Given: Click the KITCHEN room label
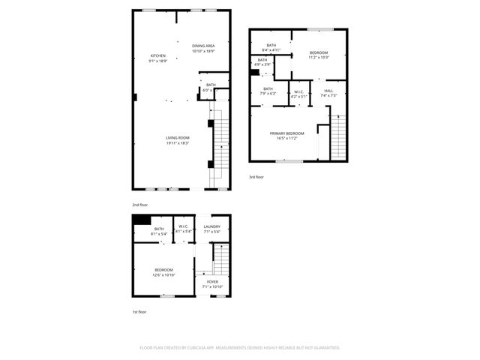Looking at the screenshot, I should click(x=157, y=55).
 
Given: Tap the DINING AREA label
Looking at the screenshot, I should click(x=203, y=45).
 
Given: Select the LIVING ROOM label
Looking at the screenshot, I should click(x=178, y=137).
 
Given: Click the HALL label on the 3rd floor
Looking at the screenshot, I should click(x=328, y=91).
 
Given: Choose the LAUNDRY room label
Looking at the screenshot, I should click(x=211, y=226).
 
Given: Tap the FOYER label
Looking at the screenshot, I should click(x=213, y=281).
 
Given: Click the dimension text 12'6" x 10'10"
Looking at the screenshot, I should click(x=164, y=275).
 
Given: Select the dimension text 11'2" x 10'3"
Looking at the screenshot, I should click(x=319, y=58).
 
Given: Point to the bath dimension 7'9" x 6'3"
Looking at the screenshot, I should click(x=268, y=94).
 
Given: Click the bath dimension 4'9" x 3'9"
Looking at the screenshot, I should click(x=262, y=64).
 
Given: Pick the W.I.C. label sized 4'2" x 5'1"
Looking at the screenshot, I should click(x=298, y=96).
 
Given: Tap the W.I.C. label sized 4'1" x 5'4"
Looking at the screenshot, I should click(x=183, y=232).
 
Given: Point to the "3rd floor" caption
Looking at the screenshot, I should click(x=256, y=177).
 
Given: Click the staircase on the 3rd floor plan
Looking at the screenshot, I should click(x=339, y=139).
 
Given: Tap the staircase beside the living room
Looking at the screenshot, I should click(x=220, y=146).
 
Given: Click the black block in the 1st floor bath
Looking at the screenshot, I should click(x=141, y=220).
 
